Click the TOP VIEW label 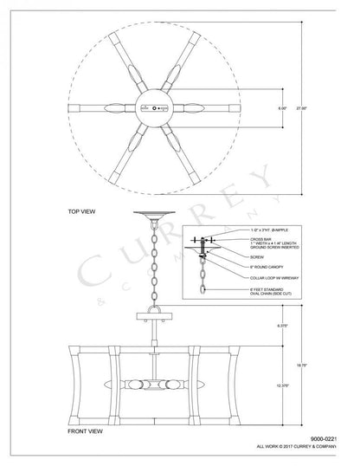75,210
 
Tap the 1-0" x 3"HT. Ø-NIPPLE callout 267,226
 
